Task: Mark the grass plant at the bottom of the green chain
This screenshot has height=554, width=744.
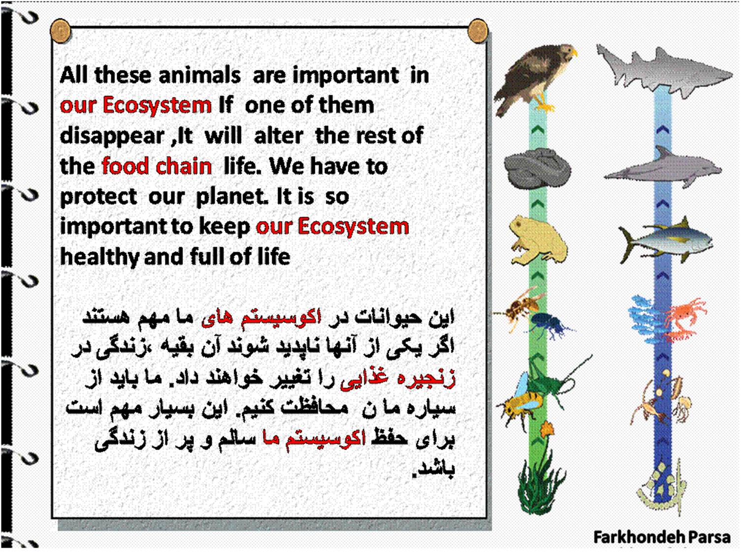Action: (540, 484)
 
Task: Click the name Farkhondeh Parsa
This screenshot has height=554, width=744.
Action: (662, 537)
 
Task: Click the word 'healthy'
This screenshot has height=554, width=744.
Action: (99, 257)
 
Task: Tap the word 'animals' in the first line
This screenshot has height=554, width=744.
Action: (200, 75)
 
